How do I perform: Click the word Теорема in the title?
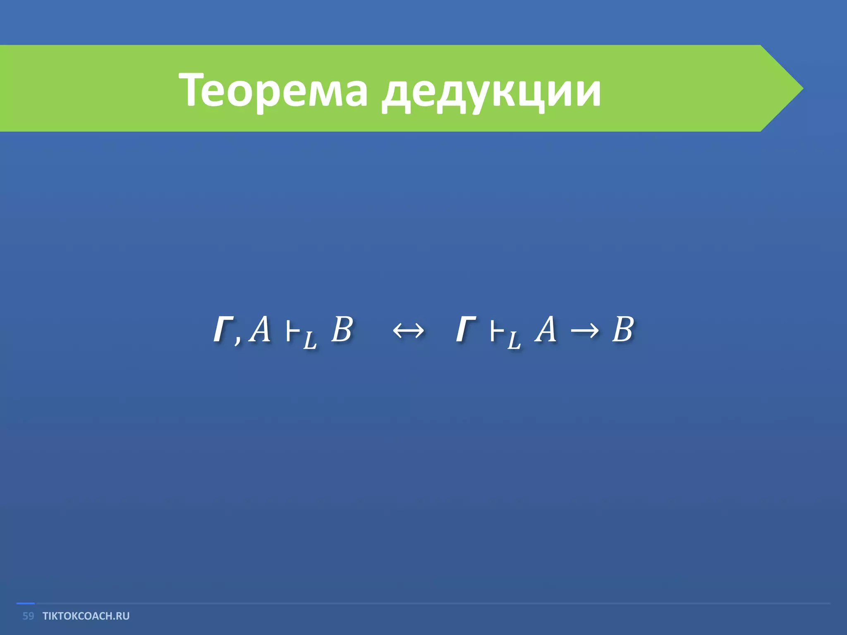tap(273, 90)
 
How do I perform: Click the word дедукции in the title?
tap(491, 92)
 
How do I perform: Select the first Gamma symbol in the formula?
tap(223, 330)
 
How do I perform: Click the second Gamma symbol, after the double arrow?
tap(466, 330)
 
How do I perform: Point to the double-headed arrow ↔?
tap(408, 331)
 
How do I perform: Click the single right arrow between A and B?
tap(584, 331)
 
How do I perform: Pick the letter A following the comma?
tap(259, 330)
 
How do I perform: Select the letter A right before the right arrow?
tap(545, 330)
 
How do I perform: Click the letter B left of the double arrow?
tap(342, 330)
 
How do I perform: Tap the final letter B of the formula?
tap(622, 330)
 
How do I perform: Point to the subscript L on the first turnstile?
tap(309, 341)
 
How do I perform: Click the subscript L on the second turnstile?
tap(513, 341)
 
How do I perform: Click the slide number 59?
tap(28, 616)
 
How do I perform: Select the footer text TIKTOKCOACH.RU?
tap(86, 616)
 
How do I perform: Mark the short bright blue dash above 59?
tap(25, 604)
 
